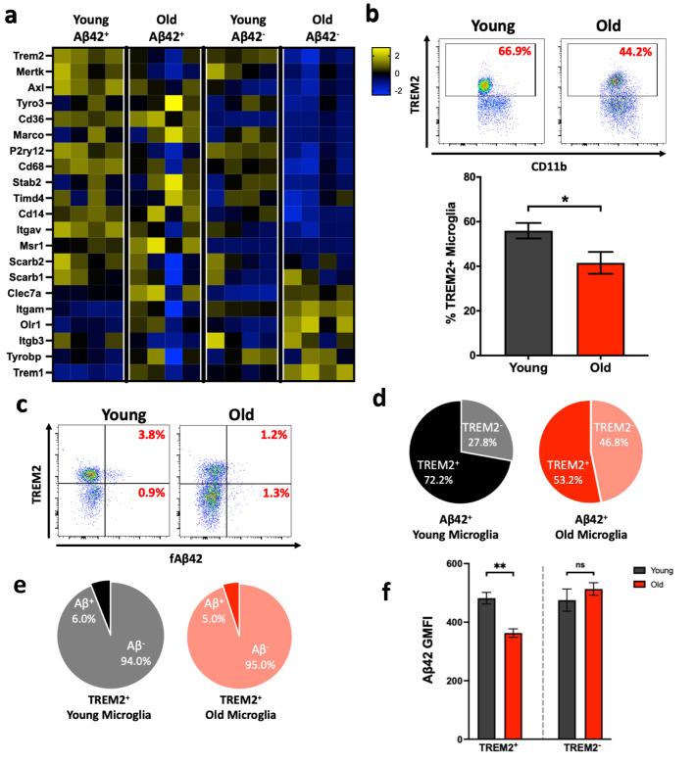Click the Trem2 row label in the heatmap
click(x=28, y=58)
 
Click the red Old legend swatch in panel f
click(x=641, y=595)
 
